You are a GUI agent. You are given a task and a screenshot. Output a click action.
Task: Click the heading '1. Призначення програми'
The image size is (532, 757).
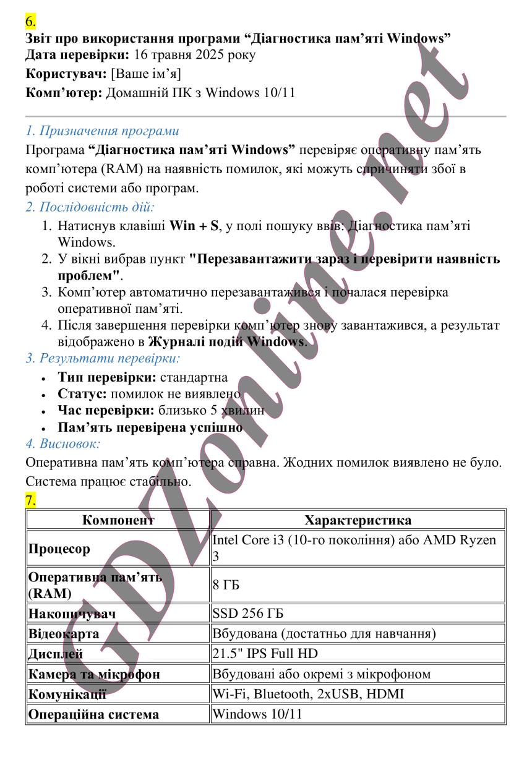(102, 131)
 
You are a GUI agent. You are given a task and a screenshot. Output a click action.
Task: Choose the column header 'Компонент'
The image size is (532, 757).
(118, 520)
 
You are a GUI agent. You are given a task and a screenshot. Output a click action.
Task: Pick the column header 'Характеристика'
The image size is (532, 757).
(358, 520)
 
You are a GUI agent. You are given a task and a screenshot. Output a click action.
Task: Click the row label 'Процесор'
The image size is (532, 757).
(59, 549)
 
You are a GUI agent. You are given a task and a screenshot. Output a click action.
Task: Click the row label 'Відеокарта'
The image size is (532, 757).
(63, 634)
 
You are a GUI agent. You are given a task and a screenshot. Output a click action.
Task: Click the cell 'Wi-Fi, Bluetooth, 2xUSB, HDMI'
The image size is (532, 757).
(307, 695)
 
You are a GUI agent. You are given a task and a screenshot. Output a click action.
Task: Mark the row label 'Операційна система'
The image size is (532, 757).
(93, 714)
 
